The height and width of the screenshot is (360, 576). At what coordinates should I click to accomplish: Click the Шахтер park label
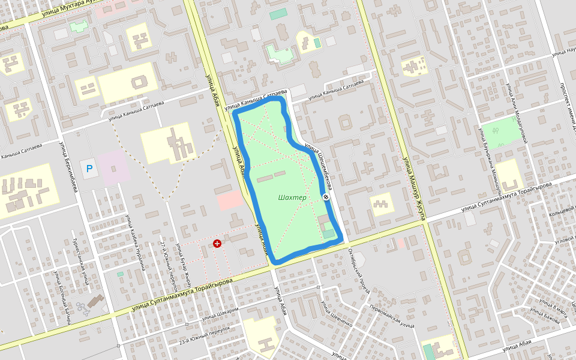pos(293,198)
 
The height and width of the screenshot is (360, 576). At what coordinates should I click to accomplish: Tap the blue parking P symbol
pos(89,169)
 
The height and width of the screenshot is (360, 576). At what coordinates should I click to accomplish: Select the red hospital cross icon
pos(217,244)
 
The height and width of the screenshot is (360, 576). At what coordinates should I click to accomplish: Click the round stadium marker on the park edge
pos(326,197)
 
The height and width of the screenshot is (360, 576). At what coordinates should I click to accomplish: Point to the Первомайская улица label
pos(392,316)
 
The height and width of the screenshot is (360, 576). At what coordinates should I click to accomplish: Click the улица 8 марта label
pos(553,308)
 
